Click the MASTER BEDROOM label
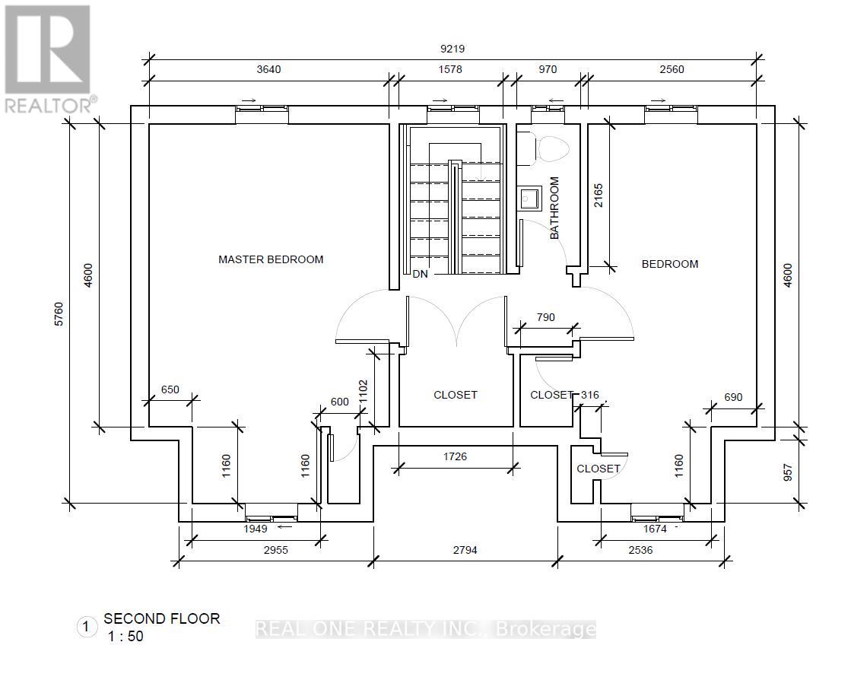271,259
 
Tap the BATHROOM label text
554,208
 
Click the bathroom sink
529,199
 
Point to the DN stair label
420,274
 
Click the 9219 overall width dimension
452,49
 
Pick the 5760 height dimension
59,314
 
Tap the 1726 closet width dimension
455,456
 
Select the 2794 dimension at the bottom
465,550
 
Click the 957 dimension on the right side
788,472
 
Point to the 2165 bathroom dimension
598,195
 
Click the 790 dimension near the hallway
545,317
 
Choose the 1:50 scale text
126,636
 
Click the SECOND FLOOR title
162,618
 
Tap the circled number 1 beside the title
86,627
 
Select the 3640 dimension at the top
268,69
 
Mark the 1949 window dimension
255,529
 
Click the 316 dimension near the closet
590,395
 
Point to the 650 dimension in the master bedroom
170,389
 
